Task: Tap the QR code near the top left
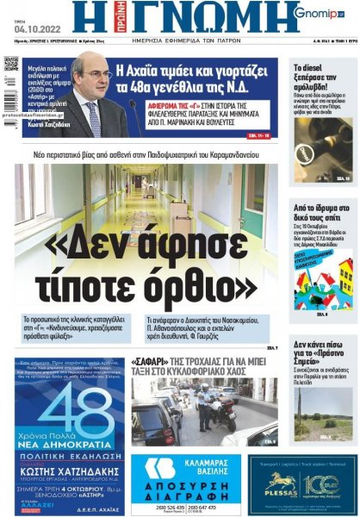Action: [11, 64]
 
